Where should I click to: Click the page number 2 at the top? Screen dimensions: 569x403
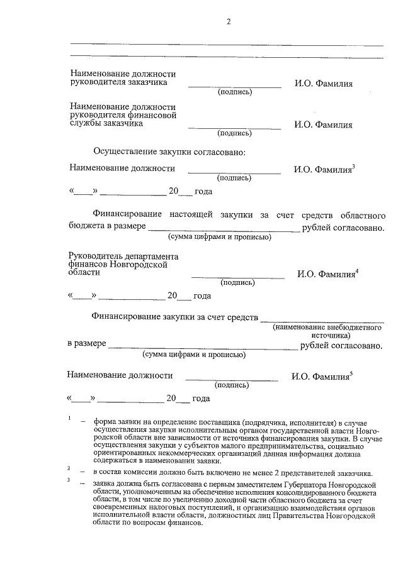click(229, 23)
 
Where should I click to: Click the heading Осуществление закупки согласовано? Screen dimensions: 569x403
click(169, 152)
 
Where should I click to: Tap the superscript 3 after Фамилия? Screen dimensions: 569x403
click(355, 166)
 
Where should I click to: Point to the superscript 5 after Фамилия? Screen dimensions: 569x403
click(351, 373)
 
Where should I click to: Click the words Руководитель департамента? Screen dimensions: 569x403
click(123, 257)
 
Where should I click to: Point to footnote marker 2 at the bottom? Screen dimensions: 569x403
click(69, 469)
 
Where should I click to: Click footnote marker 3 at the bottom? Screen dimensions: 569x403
click(69, 481)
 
